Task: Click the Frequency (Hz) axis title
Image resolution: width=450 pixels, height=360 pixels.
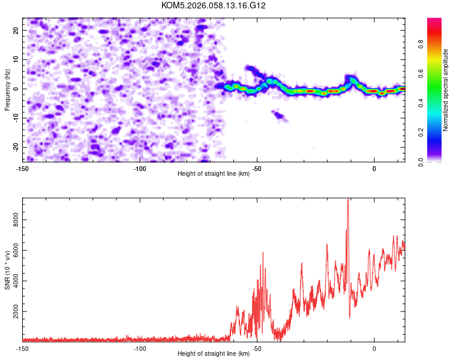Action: pos(7,89)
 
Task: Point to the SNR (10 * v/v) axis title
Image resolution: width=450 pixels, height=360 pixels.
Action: pos(7,269)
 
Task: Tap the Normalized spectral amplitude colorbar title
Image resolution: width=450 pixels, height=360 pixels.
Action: pos(446,90)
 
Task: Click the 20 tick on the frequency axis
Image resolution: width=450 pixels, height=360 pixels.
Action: pos(16,29)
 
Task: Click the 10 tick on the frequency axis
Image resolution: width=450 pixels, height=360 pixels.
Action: pos(16,59)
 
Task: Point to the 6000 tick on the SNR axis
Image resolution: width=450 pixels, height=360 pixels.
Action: pos(13,251)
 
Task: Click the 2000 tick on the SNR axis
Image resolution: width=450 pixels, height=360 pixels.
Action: pos(13,312)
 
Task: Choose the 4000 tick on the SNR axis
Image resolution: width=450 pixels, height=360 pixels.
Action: pos(13,281)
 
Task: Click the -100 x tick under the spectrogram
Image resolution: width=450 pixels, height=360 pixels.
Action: pos(139,169)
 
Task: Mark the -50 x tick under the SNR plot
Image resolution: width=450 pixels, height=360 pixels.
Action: pos(256,349)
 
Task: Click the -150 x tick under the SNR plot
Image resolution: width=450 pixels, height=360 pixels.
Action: pos(22,349)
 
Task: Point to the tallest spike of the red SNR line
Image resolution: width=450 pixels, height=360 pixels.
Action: pos(348,200)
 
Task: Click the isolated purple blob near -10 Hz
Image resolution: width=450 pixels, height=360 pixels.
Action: pos(278,114)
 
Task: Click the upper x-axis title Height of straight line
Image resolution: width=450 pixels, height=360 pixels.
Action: pos(214,174)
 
